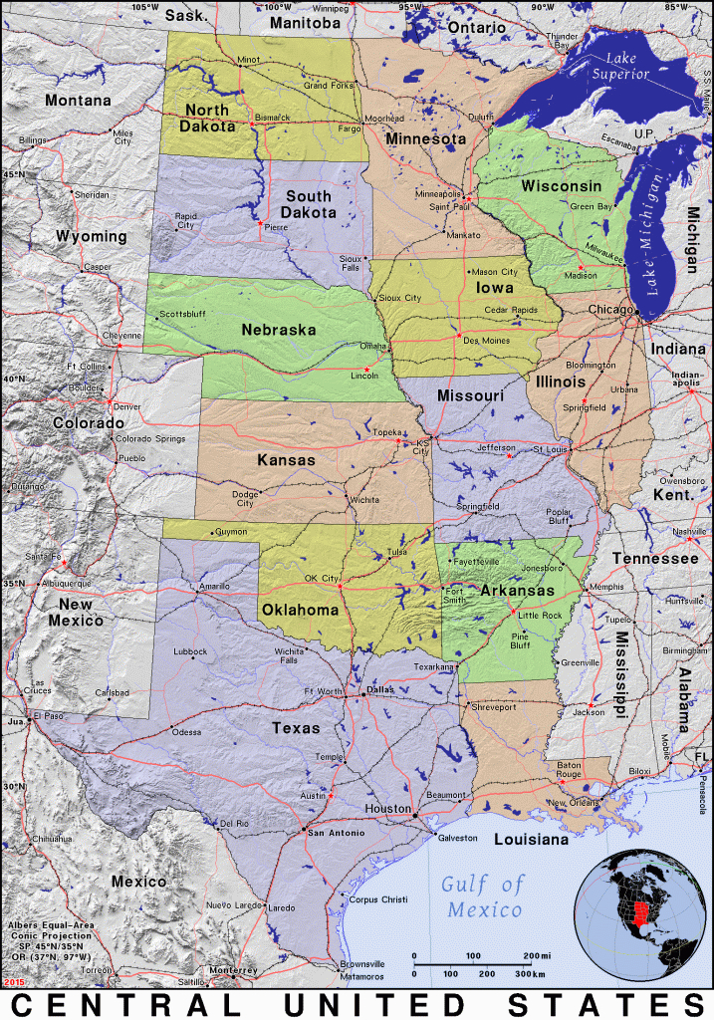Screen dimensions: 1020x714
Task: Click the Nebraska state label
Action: (278, 330)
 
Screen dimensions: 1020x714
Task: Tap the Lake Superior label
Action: (620, 67)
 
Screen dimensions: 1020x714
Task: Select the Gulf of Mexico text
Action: (484, 895)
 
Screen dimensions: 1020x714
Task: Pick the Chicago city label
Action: (609, 310)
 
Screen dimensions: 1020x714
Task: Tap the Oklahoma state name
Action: (301, 609)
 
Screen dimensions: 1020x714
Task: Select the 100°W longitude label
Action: (279, 7)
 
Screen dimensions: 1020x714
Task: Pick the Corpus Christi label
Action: (378, 899)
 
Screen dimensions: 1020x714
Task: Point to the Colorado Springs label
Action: (149, 438)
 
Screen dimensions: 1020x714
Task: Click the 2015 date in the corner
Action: (14, 983)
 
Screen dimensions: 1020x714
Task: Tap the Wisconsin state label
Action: (562, 186)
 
